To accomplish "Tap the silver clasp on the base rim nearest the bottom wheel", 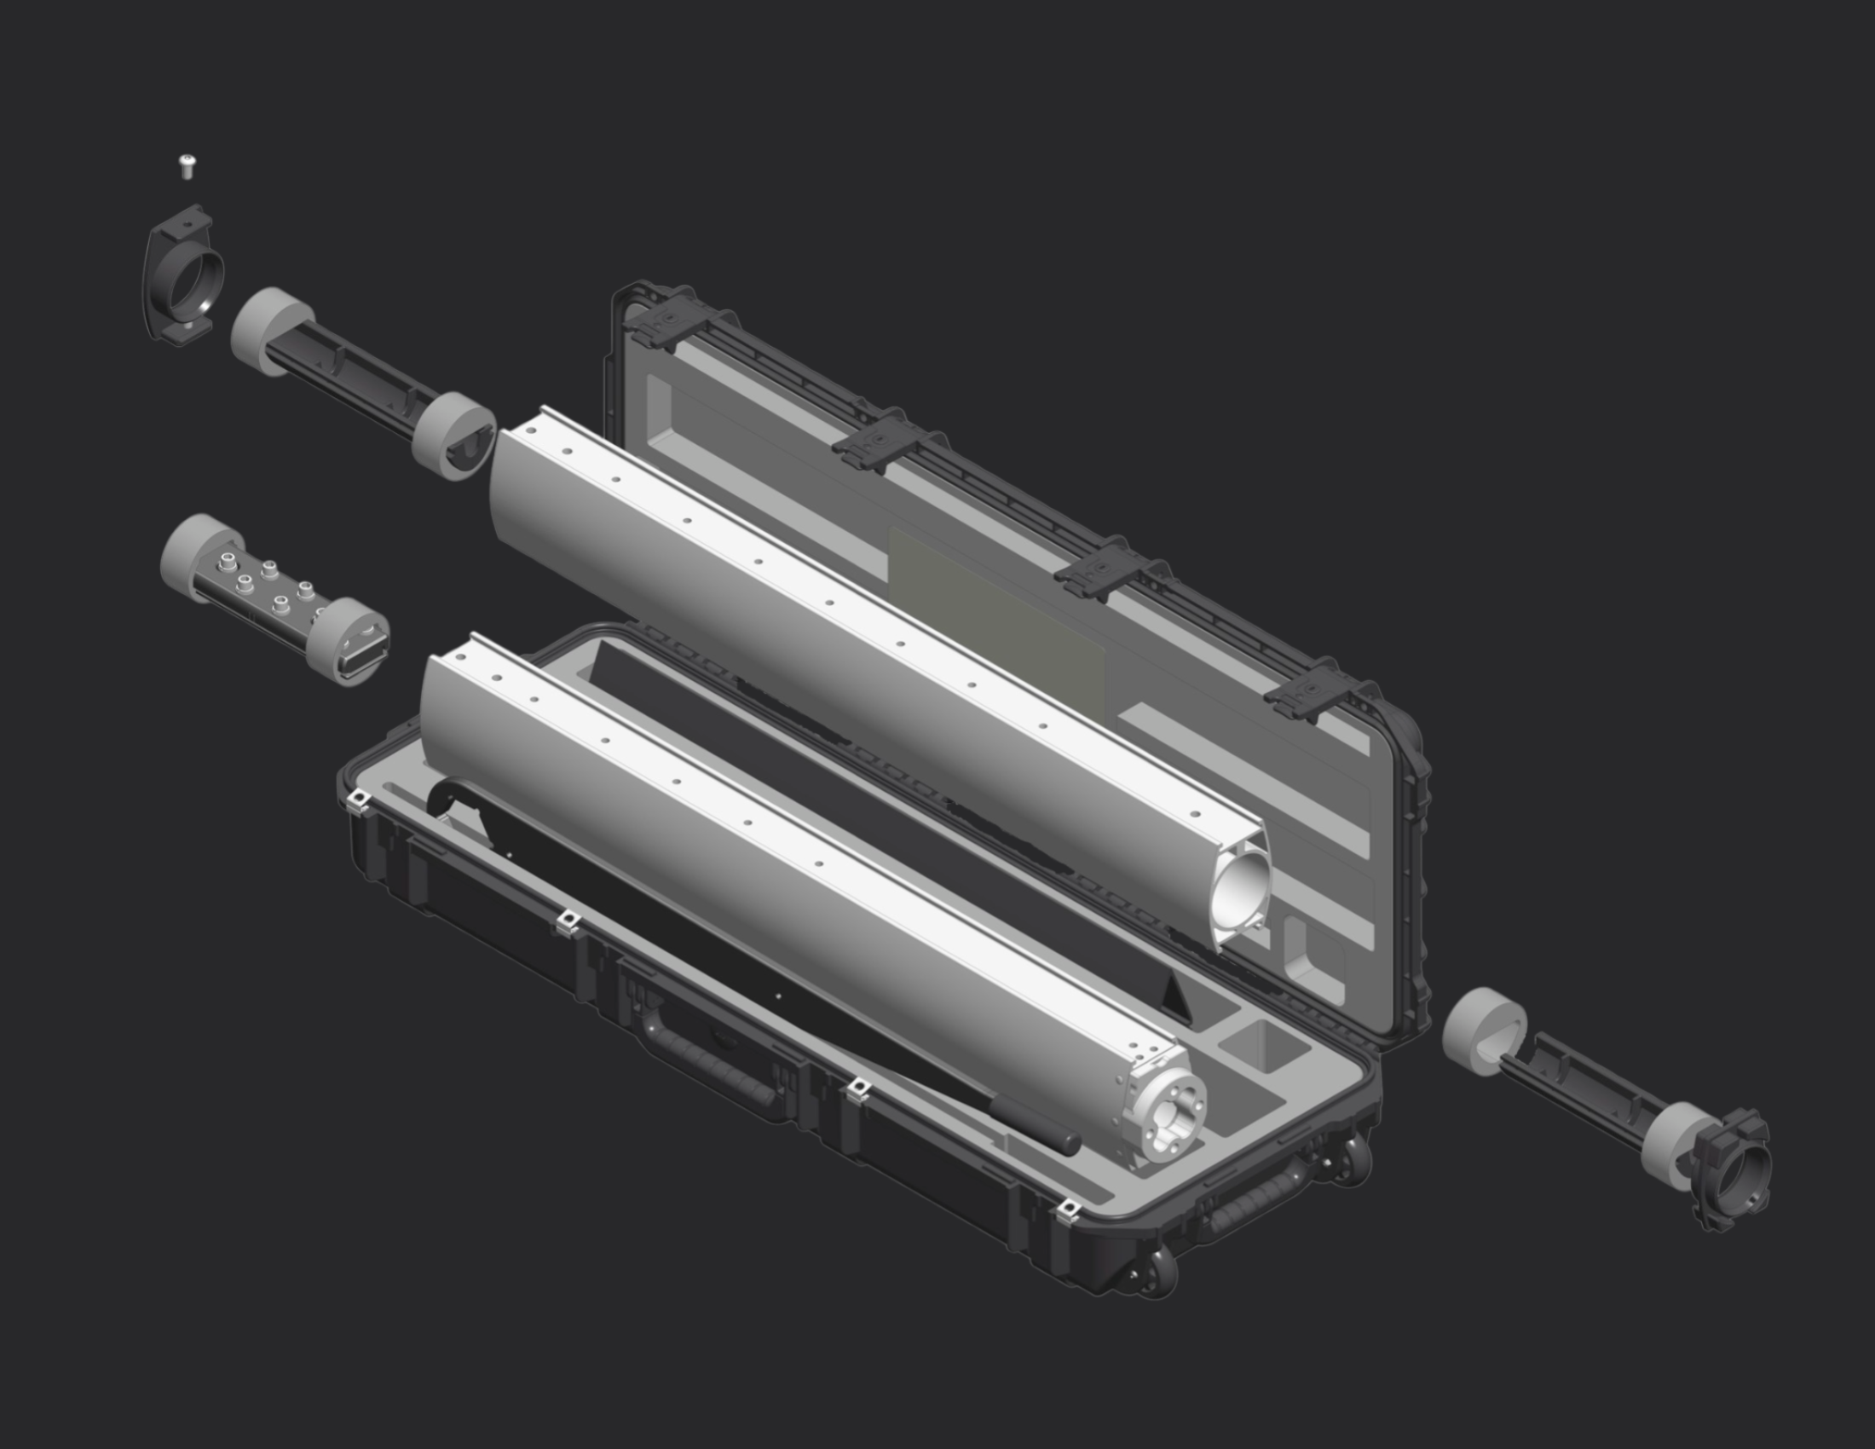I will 1067,1209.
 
